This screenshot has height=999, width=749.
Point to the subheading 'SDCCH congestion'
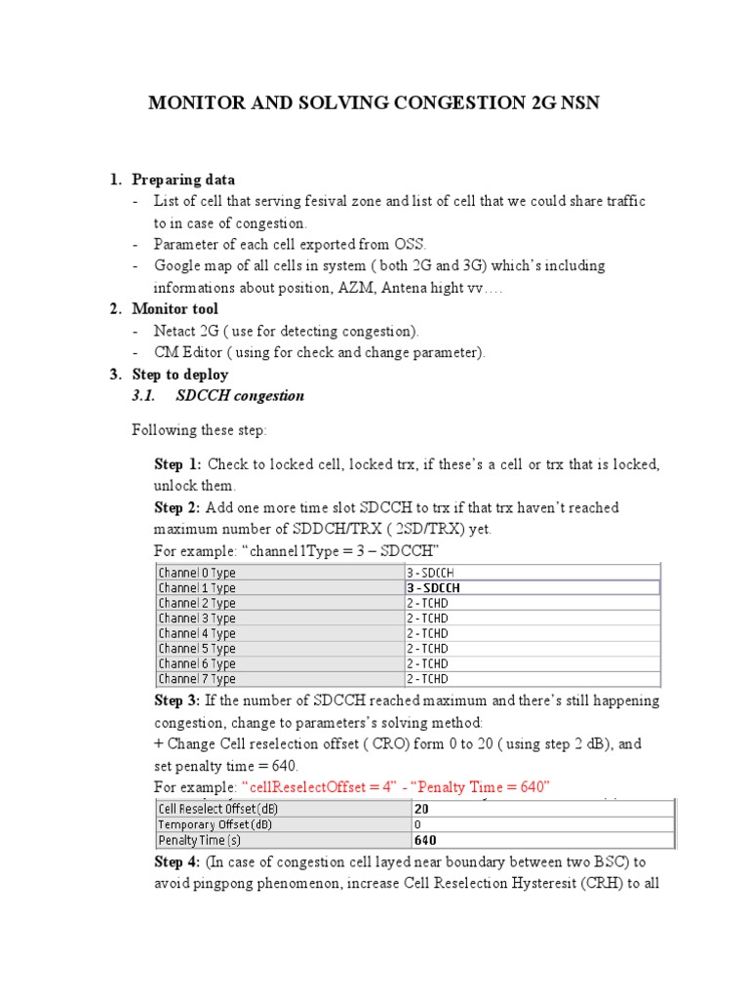tap(240, 396)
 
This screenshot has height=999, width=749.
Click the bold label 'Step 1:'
tap(177, 464)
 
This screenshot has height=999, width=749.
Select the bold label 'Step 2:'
tap(177, 507)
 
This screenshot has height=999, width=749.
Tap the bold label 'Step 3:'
tap(177, 700)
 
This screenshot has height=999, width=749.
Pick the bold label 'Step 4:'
tap(177, 862)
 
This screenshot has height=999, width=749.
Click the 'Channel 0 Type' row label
tap(197, 573)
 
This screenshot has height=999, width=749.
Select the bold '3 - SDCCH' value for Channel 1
tap(434, 588)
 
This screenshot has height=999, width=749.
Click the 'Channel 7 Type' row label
tap(197, 679)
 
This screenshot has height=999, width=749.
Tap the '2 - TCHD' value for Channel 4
tap(428, 633)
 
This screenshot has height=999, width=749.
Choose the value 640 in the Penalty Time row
tap(425, 840)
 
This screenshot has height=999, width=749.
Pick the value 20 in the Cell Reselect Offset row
tap(421, 809)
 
